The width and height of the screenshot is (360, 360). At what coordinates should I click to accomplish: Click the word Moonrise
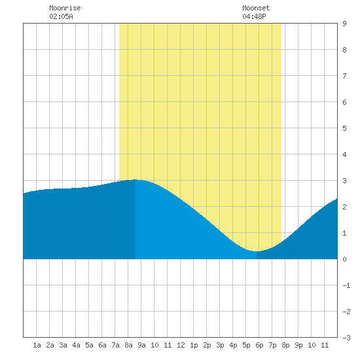click(65, 8)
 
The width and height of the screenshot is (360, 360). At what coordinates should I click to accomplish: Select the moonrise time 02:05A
click(61, 16)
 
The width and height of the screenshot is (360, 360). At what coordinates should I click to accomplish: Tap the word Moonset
click(256, 8)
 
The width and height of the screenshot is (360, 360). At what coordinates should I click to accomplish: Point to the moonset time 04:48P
click(254, 16)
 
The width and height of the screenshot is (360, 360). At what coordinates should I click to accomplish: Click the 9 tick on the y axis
click(344, 24)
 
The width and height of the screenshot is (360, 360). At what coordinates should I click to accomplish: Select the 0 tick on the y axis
click(344, 259)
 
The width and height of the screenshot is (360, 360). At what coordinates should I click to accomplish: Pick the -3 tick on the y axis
click(346, 338)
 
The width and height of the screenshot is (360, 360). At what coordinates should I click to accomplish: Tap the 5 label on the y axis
click(344, 128)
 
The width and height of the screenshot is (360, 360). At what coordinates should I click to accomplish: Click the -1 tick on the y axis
click(346, 285)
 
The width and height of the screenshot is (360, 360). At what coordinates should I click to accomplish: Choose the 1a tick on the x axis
click(37, 345)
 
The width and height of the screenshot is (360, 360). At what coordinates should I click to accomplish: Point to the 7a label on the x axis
click(115, 345)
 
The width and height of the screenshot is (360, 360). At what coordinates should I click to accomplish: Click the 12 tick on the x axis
click(181, 345)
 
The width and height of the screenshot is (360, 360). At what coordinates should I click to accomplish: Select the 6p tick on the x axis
click(259, 345)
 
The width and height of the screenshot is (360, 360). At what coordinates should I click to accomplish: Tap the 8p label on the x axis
click(285, 345)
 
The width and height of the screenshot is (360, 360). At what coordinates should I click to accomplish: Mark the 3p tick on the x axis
click(220, 345)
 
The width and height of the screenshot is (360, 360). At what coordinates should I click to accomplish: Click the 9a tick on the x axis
click(141, 345)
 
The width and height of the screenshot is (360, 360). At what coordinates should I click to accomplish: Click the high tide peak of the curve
click(135, 179)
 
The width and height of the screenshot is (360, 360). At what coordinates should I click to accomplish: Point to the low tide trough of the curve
click(256, 251)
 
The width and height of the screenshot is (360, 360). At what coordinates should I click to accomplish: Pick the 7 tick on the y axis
click(344, 76)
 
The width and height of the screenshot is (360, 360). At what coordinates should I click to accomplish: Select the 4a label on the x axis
click(76, 345)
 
